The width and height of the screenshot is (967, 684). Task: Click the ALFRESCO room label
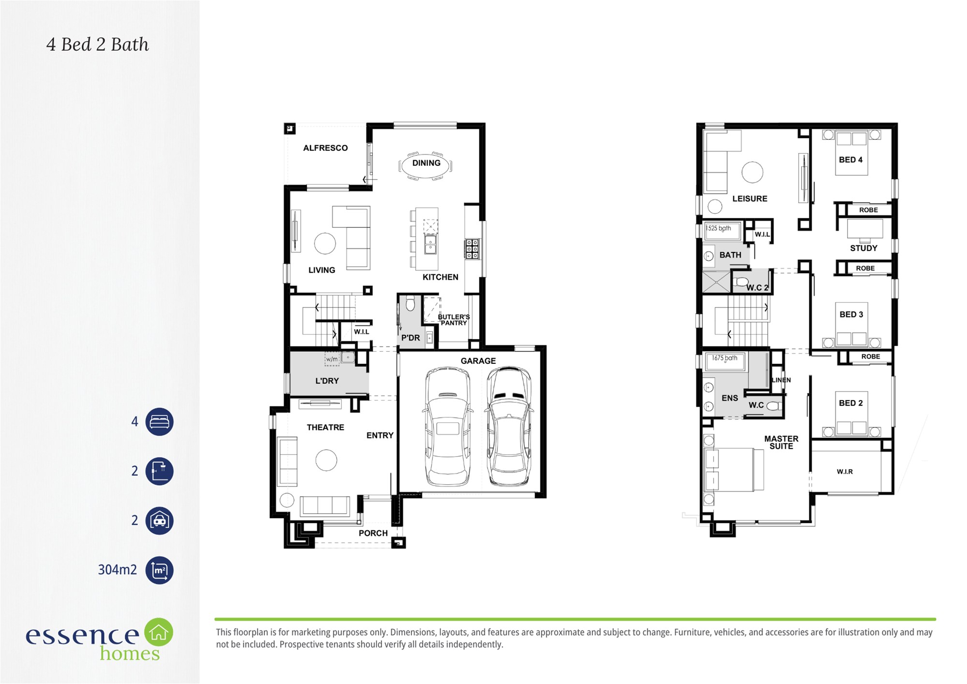[325, 148]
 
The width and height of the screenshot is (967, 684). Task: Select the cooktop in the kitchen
[472, 249]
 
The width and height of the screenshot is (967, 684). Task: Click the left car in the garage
[448, 427]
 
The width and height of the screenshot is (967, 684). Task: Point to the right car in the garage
[509, 427]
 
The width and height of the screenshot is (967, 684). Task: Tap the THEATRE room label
[325, 428]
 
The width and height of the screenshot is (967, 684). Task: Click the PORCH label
[373, 533]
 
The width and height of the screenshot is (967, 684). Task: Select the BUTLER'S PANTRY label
[454, 320]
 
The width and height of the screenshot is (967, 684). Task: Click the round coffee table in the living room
[325, 243]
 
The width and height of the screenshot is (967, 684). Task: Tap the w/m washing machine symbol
[332, 359]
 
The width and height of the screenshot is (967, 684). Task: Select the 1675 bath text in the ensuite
[724, 358]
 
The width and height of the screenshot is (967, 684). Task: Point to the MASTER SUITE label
[781, 443]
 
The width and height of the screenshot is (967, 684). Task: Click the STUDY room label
[864, 248]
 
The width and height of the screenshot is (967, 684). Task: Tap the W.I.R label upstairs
[845, 472]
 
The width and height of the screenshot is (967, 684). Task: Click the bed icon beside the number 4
[160, 422]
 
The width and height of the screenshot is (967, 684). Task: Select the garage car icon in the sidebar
[160, 520]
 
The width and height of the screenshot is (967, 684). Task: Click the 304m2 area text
[117, 570]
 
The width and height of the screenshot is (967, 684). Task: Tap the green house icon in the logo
[159, 632]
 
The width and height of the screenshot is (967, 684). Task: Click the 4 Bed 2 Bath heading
[98, 45]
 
